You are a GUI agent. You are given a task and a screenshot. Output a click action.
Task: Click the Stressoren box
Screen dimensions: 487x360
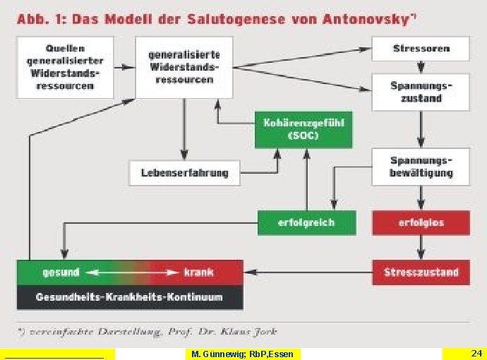tap(421, 49)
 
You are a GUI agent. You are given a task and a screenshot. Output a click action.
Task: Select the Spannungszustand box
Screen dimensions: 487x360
tap(421, 92)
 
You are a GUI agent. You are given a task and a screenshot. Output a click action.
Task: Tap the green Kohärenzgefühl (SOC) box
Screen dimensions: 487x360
tap(303, 128)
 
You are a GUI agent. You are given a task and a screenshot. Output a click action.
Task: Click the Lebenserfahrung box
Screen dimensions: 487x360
tap(184, 172)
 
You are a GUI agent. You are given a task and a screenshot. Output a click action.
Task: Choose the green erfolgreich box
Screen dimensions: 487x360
tap(306, 222)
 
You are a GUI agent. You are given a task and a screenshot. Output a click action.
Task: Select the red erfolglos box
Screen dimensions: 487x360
tap(421, 222)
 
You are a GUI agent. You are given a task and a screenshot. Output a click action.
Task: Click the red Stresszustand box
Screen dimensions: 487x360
tap(421, 272)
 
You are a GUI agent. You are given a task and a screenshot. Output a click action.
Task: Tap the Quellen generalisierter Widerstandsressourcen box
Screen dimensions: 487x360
tap(65, 68)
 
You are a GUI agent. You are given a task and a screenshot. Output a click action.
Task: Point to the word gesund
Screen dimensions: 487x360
tap(61, 272)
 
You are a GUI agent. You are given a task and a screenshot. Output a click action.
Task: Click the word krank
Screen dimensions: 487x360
tap(198, 272)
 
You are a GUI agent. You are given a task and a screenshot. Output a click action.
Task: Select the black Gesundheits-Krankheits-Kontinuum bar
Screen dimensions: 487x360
tap(130, 297)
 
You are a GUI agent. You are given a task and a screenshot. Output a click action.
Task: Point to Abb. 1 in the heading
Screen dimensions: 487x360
tap(40, 19)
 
